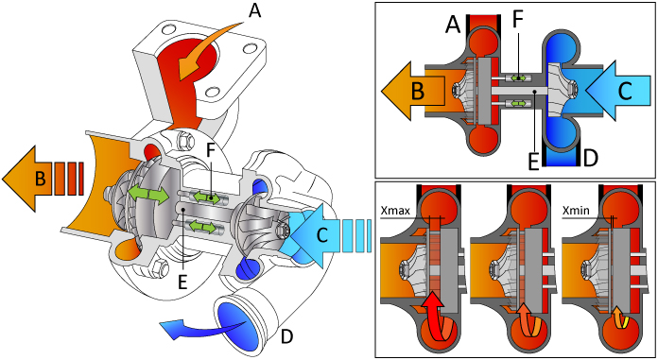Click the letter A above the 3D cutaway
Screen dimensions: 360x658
point(252,11)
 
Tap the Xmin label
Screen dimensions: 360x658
point(579,212)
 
